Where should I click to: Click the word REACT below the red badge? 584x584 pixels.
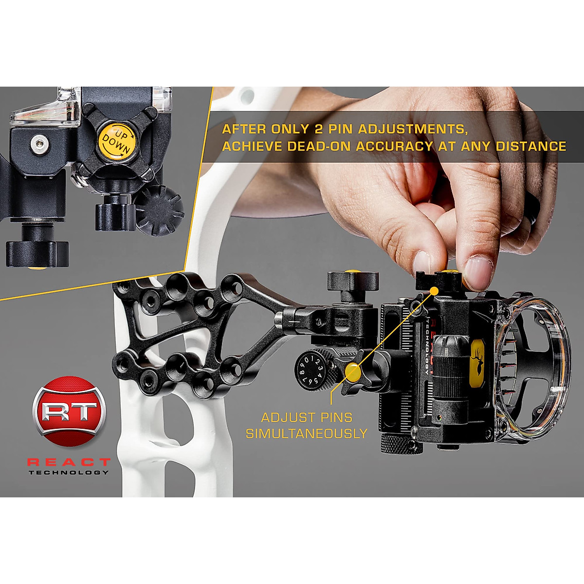coord(69,462)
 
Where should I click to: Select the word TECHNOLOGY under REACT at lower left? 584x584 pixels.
coord(69,473)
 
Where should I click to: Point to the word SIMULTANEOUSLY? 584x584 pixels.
coord(306,434)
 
